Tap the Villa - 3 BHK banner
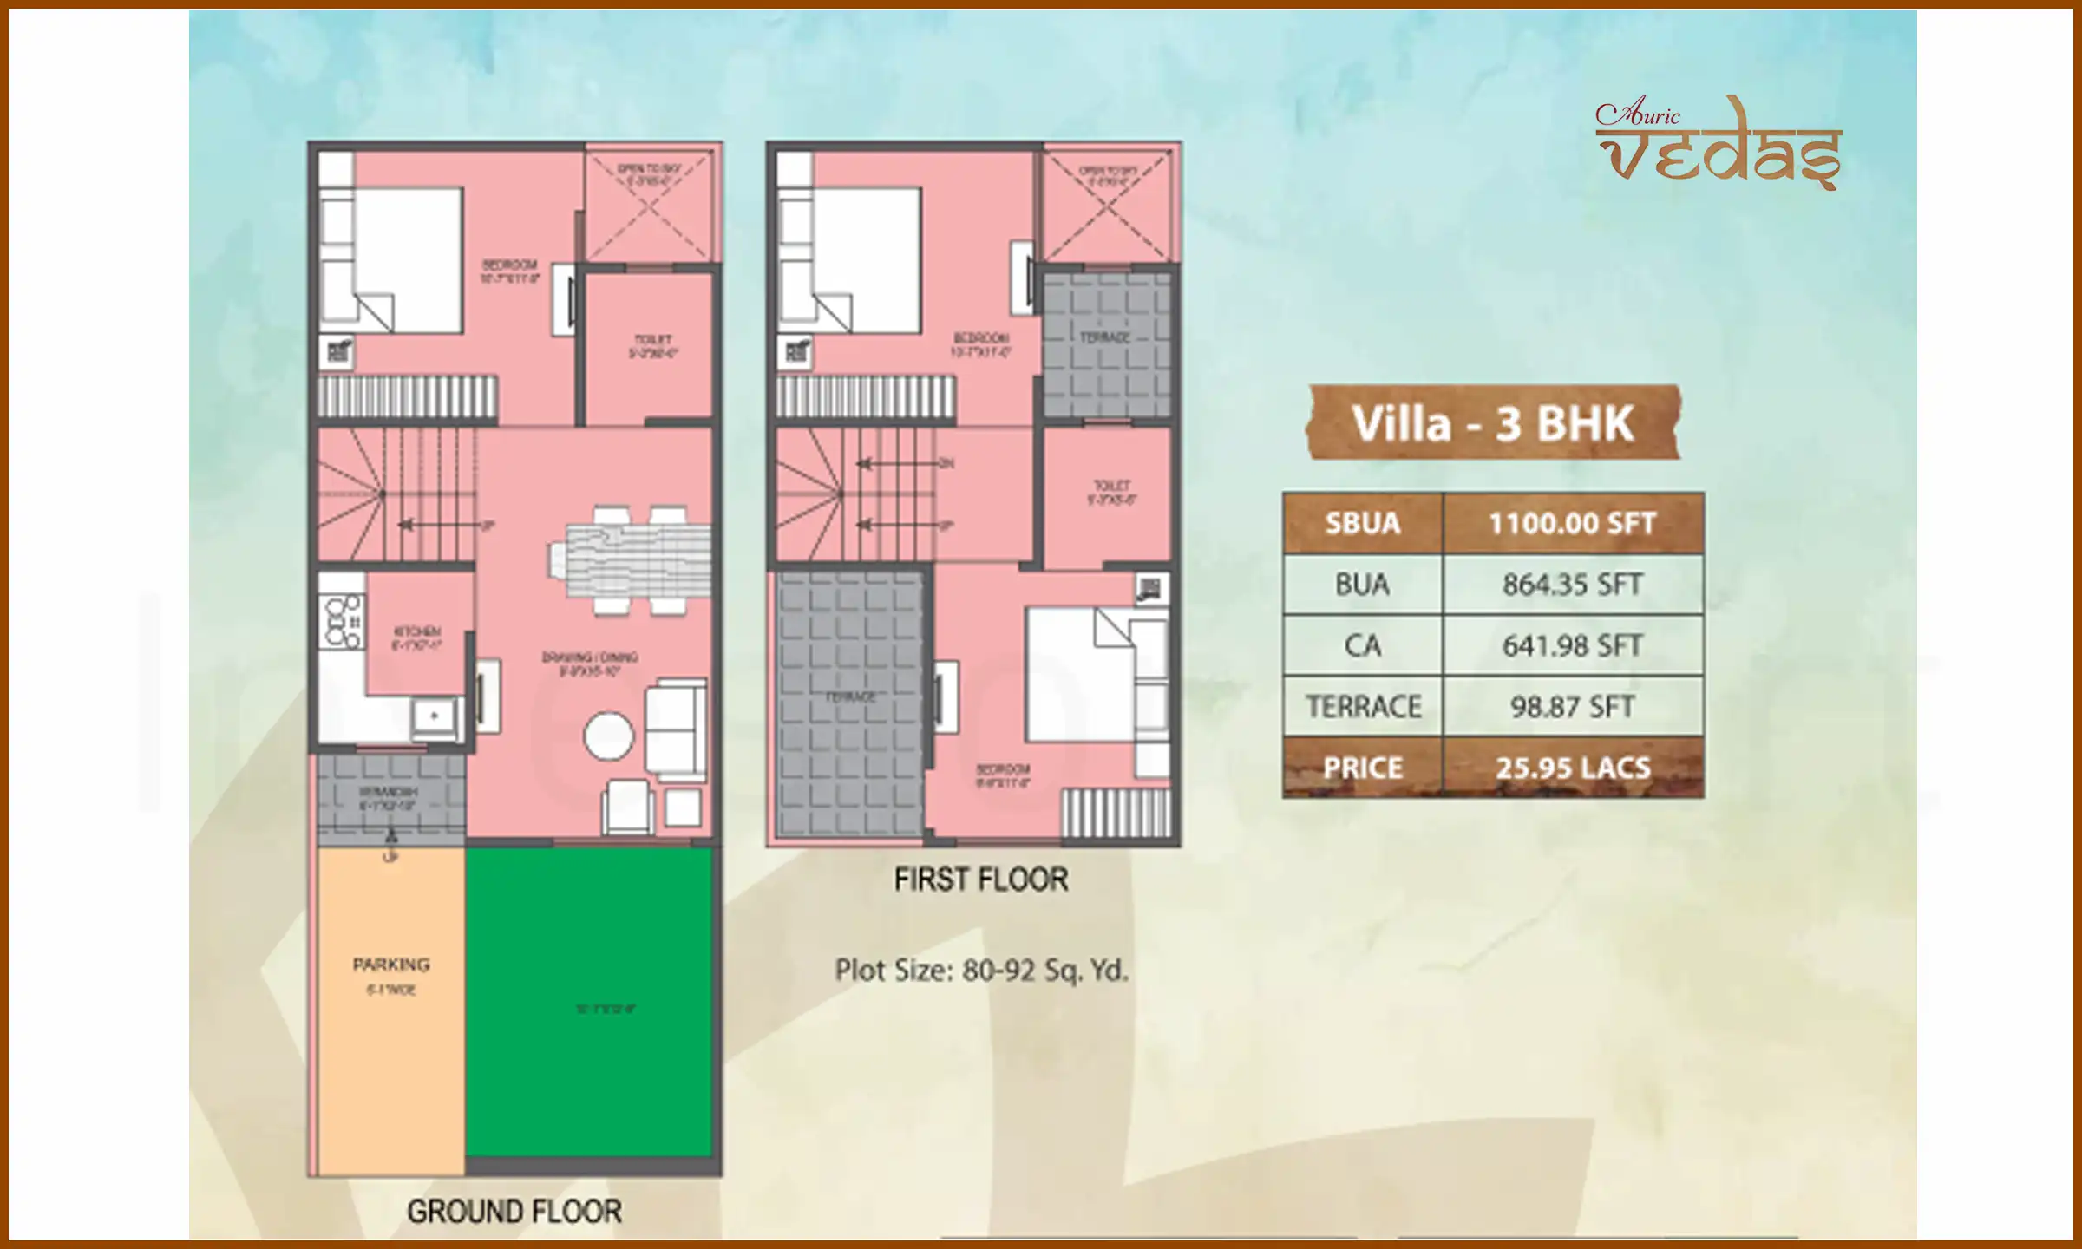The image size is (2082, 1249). click(x=1493, y=423)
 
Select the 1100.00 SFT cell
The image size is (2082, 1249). click(x=1573, y=524)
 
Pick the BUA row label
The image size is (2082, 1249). click(x=1362, y=585)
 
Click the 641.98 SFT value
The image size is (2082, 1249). click(x=1573, y=646)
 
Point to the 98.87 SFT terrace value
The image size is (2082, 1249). click(x=1573, y=707)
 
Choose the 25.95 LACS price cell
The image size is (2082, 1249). click(x=1573, y=768)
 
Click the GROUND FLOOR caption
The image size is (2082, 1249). click(x=514, y=1211)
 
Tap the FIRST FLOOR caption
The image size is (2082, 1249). click(x=981, y=880)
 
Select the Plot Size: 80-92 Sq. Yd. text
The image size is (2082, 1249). click(x=981, y=970)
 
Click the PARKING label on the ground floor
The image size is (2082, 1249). click(x=391, y=965)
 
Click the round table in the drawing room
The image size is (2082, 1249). click(x=608, y=736)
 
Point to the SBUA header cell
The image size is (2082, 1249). click(x=1362, y=524)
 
